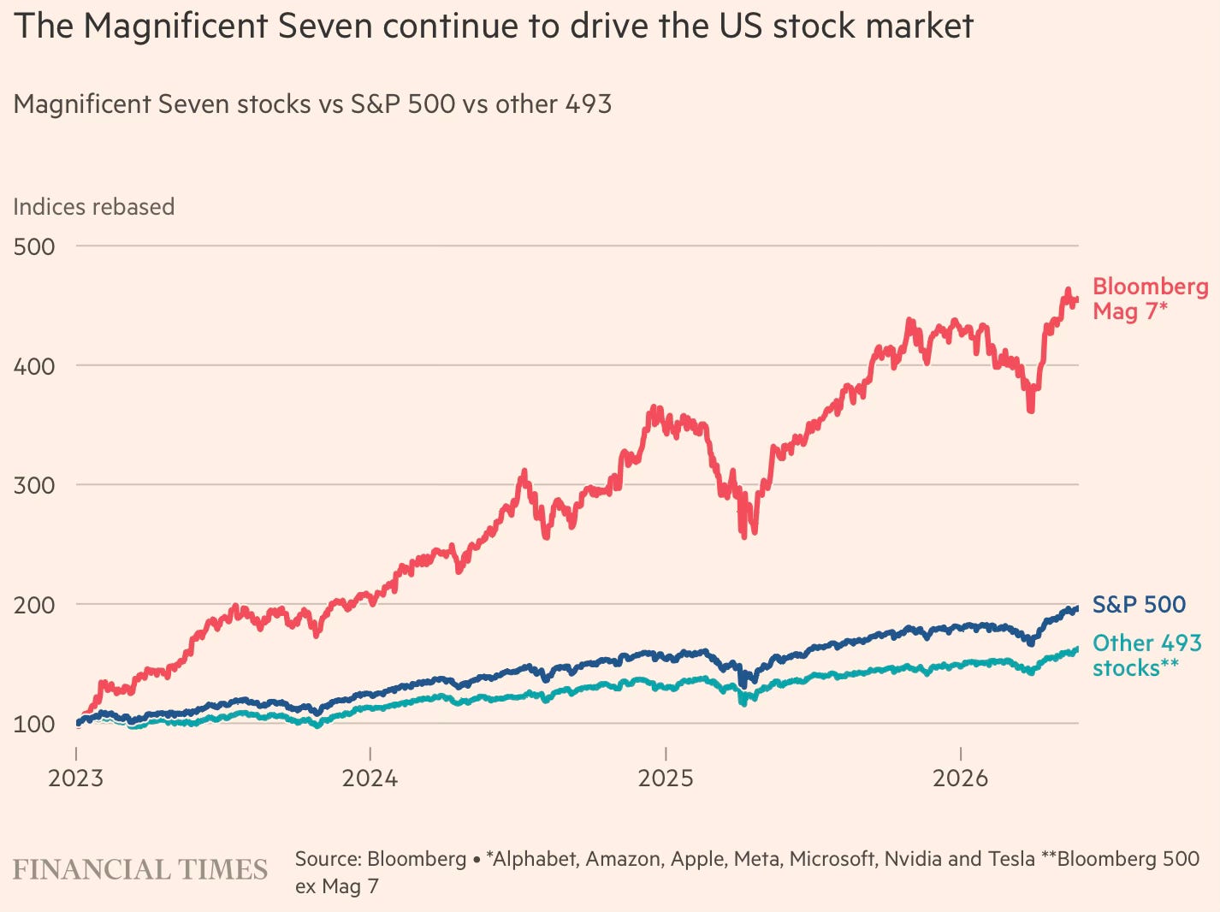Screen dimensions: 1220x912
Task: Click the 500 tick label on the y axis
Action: [x=34, y=246]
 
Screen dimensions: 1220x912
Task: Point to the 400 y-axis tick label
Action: [x=34, y=367]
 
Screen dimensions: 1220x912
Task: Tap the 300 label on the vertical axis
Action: [x=34, y=486]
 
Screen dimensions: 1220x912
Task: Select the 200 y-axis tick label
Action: [x=34, y=605]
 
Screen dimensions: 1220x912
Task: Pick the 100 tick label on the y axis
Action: [x=34, y=725]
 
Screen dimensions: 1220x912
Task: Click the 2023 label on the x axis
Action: [x=75, y=779]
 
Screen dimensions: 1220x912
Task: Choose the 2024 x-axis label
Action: [x=370, y=779]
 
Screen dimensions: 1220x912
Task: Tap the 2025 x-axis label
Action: [x=666, y=779]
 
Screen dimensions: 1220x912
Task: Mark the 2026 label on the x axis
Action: [x=961, y=779]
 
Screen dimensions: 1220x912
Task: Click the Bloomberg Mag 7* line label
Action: [x=1150, y=299]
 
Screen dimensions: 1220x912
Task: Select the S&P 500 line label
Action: [x=1139, y=605]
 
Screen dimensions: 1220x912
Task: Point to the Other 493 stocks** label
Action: [x=1146, y=656]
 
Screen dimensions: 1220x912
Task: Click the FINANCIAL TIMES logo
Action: [x=140, y=870]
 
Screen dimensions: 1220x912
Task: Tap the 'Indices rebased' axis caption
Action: [x=93, y=207]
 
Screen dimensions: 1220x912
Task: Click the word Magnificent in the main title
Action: [x=176, y=27]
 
